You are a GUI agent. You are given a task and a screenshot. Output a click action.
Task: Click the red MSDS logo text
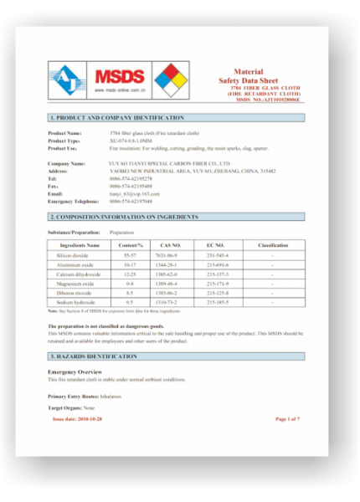pos(120,74)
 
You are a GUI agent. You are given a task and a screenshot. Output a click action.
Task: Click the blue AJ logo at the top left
pos(66,81)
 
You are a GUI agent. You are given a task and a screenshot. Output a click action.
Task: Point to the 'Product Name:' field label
pos(64,133)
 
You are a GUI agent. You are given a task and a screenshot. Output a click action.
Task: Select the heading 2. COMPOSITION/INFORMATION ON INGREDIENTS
pos(123,217)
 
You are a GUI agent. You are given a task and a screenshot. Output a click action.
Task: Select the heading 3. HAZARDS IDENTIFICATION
pos(93,357)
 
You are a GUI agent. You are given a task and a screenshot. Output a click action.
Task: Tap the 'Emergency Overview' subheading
pos(75,371)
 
